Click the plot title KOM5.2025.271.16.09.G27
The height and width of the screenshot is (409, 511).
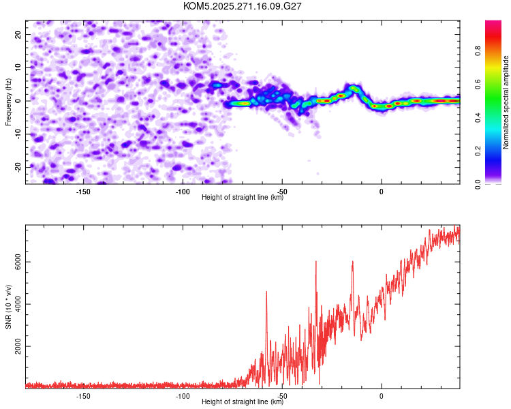coord(242,6)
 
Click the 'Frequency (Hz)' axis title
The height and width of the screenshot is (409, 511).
coord(8,102)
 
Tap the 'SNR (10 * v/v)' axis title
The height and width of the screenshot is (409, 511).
coord(8,307)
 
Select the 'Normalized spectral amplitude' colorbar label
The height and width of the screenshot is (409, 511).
coord(506,102)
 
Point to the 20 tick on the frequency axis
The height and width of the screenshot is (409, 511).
coord(18,34)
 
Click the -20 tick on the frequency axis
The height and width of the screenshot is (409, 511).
coord(18,167)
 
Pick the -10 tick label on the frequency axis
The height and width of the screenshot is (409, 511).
coord(18,134)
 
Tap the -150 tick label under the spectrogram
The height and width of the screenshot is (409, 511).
coord(83,192)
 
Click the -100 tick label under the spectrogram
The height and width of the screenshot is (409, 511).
coord(183,192)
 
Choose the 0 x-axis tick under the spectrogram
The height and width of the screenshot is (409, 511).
coord(382,192)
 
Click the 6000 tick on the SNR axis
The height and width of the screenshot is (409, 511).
coord(18,262)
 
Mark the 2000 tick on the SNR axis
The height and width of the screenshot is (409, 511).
coord(18,346)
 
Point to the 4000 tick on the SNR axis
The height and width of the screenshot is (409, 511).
coord(18,304)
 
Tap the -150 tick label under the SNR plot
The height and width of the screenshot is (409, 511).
coord(83,396)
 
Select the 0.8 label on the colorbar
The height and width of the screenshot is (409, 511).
coord(478,51)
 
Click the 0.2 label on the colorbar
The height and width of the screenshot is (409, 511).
coord(478,151)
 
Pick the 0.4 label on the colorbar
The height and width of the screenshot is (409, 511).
coord(478,118)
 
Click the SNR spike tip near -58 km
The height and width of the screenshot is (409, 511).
coord(266,292)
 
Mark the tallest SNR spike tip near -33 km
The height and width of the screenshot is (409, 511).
coord(315,261)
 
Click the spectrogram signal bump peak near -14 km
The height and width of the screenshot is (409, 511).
coord(354,87)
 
